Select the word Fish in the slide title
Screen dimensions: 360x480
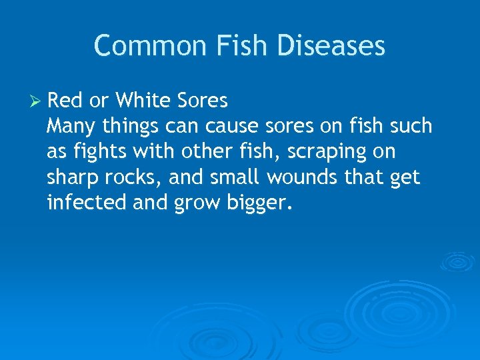[239, 46]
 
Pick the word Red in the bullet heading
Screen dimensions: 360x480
[65, 101]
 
